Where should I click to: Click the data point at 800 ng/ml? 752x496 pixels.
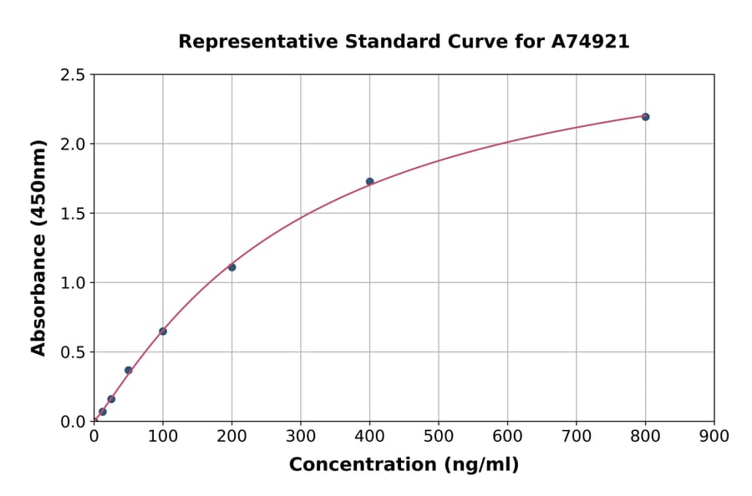click(x=645, y=117)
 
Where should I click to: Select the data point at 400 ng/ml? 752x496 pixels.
click(x=369, y=181)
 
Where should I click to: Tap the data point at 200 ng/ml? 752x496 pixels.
click(x=231, y=267)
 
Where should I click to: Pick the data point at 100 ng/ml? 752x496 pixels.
click(x=163, y=332)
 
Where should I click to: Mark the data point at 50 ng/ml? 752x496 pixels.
click(x=129, y=370)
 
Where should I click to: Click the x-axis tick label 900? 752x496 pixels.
click(x=714, y=436)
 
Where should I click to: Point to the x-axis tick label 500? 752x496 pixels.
click(x=439, y=436)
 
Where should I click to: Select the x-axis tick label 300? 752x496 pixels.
click(x=301, y=436)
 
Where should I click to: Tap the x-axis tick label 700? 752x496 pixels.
click(x=577, y=436)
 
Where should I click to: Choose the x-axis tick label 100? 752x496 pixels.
click(x=163, y=436)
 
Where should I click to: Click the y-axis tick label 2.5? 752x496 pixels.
click(x=74, y=75)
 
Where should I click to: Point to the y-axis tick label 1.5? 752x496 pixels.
click(x=74, y=214)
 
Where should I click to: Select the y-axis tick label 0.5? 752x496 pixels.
click(x=74, y=352)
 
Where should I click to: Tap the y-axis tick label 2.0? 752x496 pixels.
click(x=74, y=144)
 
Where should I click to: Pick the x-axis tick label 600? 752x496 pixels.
click(x=507, y=436)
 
